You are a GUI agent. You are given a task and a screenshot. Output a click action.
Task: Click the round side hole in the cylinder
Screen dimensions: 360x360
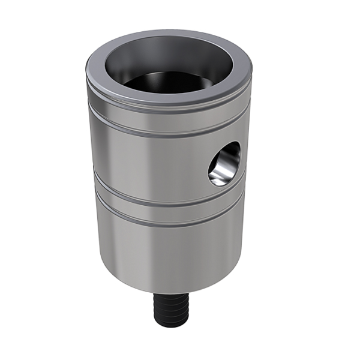[224, 163]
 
